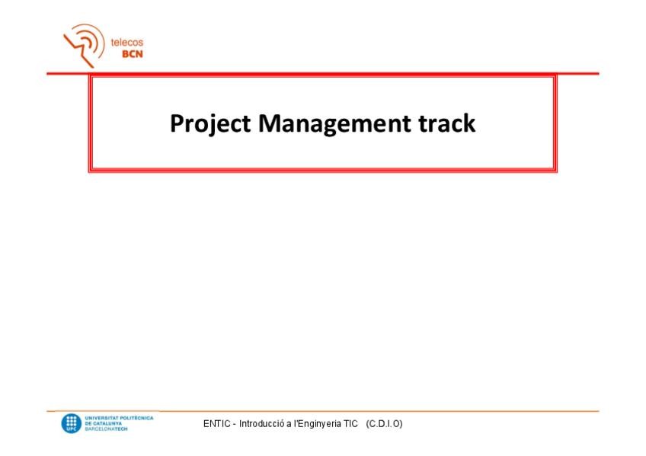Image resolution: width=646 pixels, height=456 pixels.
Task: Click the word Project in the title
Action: click(x=210, y=124)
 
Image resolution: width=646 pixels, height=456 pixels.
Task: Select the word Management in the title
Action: click(x=334, y=124)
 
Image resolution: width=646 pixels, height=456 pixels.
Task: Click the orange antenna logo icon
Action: click(x=84, y=45)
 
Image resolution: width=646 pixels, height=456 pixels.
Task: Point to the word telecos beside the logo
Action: click(x=127, y=42)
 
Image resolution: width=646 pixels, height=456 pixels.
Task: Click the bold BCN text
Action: click(x=133, y=54)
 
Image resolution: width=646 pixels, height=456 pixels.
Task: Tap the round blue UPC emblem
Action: click(x=72, y=423)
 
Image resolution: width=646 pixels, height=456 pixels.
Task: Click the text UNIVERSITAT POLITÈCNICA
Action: click(x=119, y=418)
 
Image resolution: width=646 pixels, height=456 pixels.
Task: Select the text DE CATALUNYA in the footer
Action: click(x=104, y=423)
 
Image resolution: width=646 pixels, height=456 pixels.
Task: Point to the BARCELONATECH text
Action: click(x=107, y=429)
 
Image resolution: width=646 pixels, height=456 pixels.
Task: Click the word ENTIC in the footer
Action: click(x=216, y=424)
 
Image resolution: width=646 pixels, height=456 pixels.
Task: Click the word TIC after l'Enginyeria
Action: click(x=350, y=424)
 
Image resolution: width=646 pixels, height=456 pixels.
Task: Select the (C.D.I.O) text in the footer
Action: click(x=384, y=424)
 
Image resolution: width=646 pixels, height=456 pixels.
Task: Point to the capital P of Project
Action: click(x=177, y=123)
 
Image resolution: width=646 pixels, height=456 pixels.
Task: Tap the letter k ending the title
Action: click(x=469, y=123)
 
